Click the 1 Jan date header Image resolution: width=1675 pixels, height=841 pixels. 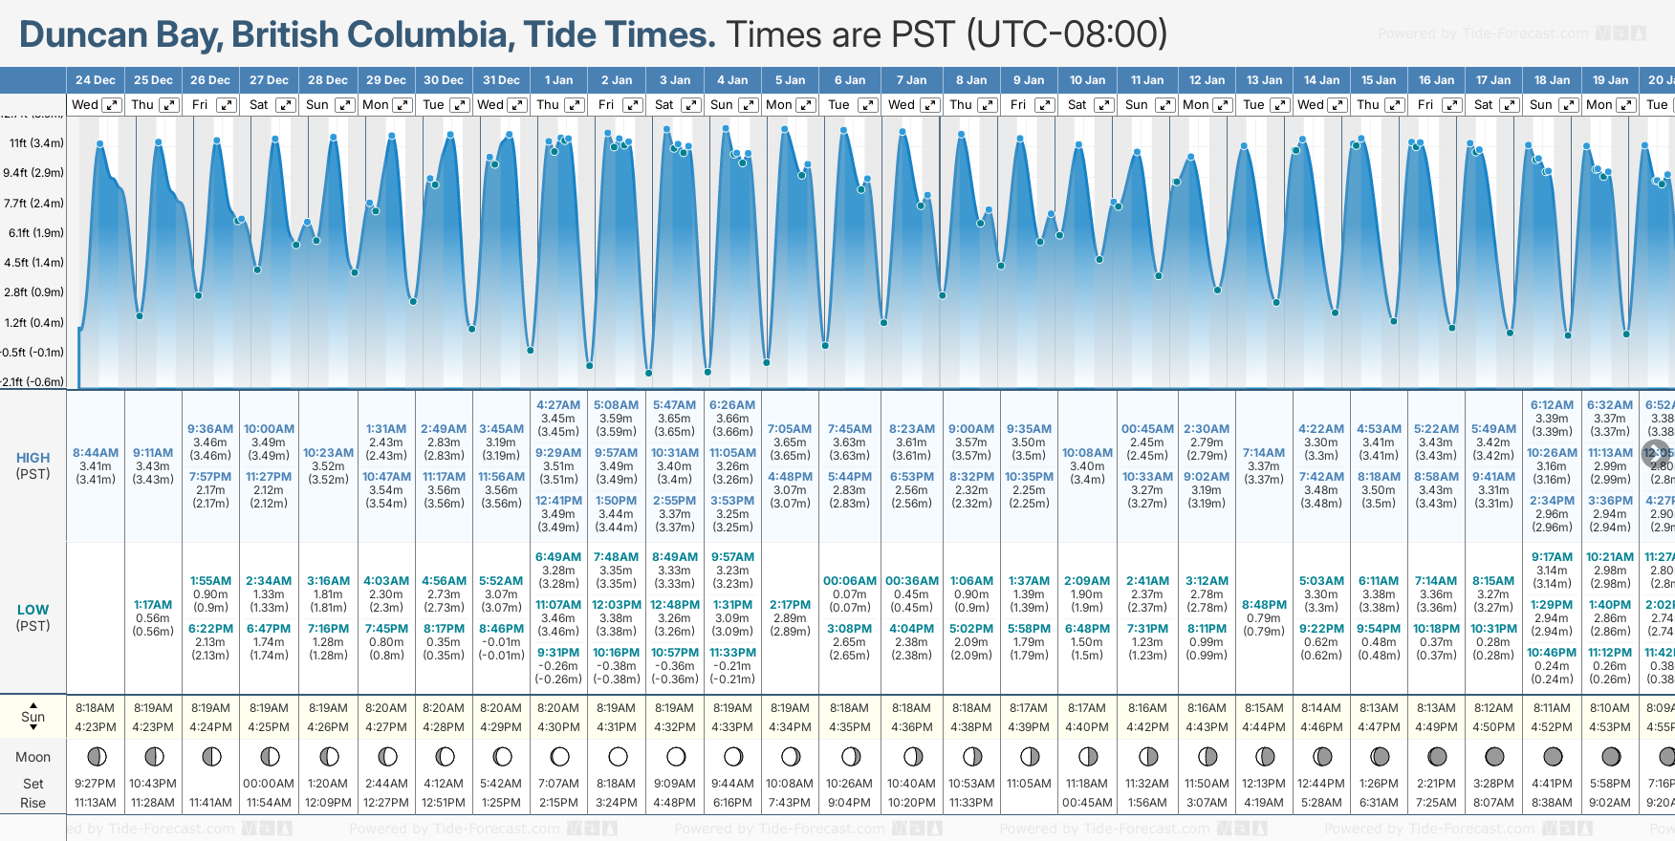[558, 80]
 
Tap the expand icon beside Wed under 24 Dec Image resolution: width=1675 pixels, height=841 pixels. [112, 105]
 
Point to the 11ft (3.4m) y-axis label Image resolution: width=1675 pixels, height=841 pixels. [36, 143]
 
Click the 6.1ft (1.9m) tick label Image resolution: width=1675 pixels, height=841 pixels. [36, 232]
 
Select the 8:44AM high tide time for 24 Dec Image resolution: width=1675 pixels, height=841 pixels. [96, 453]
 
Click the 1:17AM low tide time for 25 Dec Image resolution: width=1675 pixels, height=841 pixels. [153, 605]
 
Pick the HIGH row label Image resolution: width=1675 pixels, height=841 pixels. [33, 458]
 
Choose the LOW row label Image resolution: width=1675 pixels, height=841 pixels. [33, 610]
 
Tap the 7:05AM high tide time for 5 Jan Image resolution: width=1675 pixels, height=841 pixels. [790, 429]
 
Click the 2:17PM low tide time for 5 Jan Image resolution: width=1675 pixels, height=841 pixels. [790, 605]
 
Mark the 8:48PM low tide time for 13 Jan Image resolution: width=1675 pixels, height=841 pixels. [1264, 605]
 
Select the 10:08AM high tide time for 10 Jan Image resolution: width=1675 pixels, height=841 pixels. [1088, 453]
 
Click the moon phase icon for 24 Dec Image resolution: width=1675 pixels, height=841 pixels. [96, 757]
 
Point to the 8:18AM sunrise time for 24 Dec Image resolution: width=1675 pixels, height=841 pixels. [96, 708]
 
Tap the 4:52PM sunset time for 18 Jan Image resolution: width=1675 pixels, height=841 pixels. [1552, 727]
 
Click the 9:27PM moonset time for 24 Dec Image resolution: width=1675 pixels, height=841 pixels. [96, 784]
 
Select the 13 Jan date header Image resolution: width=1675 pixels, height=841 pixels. [1264, 80]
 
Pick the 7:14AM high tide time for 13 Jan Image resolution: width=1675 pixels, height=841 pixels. [1264, 453]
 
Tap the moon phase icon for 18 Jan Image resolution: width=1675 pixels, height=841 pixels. [1552, 757]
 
